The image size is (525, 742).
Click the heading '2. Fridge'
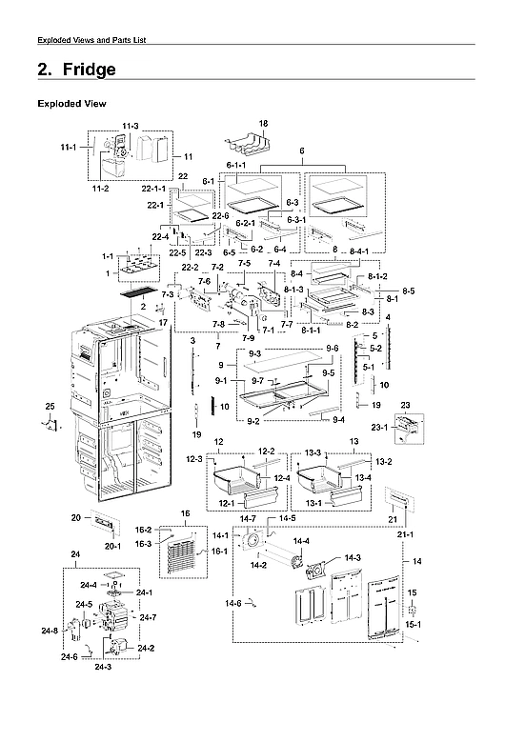76,70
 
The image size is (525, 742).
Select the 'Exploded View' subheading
71,103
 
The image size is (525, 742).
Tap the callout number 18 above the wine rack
264,124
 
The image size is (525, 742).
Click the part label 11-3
131,126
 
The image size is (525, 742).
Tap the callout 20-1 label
112,546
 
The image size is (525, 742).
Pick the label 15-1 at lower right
413,624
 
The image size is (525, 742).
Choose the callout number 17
163,322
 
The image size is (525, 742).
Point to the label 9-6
331,349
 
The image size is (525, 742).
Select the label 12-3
194,460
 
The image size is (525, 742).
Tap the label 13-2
383,461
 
